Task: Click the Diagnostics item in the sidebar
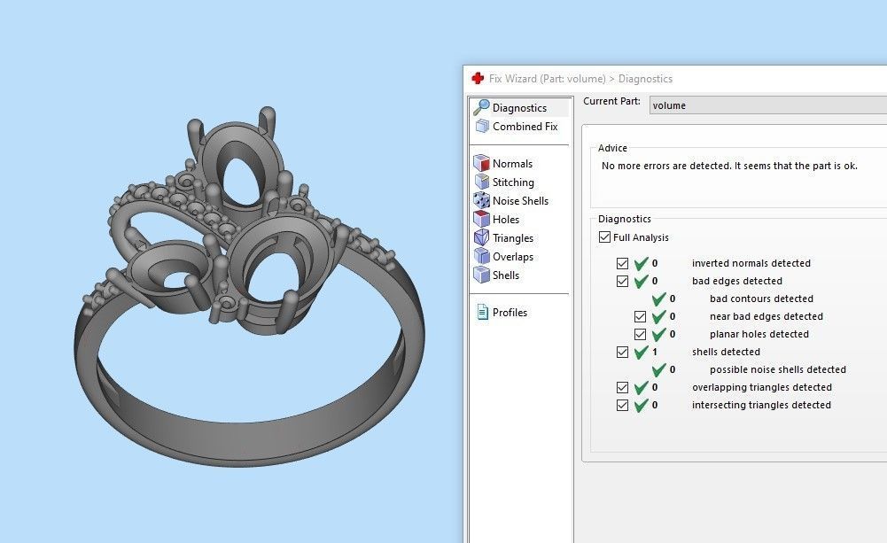tap(519, 108)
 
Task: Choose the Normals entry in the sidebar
tap(512, 164)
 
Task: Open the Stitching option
tap(513, 182)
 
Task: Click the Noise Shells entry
tap(520, 201)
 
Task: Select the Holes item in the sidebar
tap(506, 220)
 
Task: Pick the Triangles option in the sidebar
tap(512, 238)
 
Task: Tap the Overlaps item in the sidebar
tap(512, 257)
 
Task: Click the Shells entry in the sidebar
tap(506, 275)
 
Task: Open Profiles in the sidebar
tap(510, 313)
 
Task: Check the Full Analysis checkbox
tap(605, 237)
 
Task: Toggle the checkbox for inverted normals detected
tap(623, 263)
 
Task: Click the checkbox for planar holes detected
tap(641, 334)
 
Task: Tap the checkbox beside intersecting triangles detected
tap(623, 405)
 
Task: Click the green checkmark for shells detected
tap(642, 352)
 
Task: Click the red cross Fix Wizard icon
tap(478, 78)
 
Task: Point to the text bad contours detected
tap(761, 299)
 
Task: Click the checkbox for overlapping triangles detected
tap(623, 387)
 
